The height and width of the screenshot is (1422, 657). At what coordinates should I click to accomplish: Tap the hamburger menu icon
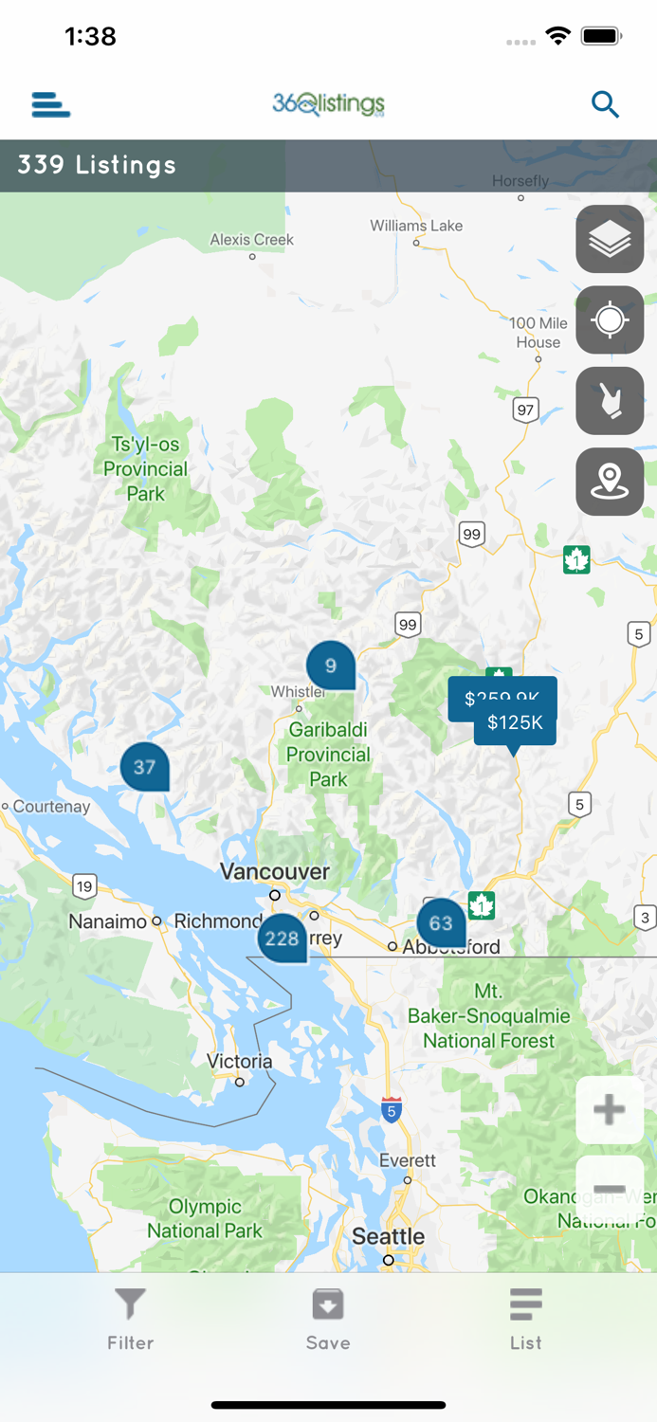[51, 104]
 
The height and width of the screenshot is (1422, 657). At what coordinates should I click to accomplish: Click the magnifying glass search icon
[605, 104]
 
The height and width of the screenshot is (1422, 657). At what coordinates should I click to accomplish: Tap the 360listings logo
[328, 104]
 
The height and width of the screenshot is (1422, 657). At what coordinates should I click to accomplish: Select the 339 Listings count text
[97, 165]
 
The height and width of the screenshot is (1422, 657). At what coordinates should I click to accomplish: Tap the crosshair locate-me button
[610, 320]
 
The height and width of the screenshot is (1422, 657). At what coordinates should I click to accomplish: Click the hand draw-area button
[610, 401]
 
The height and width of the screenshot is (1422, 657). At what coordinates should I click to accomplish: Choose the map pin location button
[610, 482]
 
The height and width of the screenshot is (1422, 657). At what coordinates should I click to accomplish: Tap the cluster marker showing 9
[330, 665]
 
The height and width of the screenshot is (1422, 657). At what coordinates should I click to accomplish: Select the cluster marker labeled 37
[144, 767]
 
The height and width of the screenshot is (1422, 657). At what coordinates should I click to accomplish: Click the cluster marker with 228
[282, 939]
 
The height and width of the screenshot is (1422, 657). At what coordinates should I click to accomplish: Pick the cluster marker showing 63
[441, 923]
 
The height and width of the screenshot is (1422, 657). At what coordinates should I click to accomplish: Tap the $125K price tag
[516, 723]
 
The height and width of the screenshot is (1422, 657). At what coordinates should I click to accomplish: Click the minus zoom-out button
[609, 1189]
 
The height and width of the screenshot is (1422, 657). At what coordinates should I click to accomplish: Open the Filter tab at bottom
[130, 1318]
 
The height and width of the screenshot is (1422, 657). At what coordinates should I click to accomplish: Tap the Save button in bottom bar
[328, 1318]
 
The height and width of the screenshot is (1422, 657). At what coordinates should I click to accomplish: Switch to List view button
[525, 1318]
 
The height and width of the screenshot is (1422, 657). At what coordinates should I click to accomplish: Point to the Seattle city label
[388, 1236]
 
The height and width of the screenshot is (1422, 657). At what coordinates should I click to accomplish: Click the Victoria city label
[240, 1062]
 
